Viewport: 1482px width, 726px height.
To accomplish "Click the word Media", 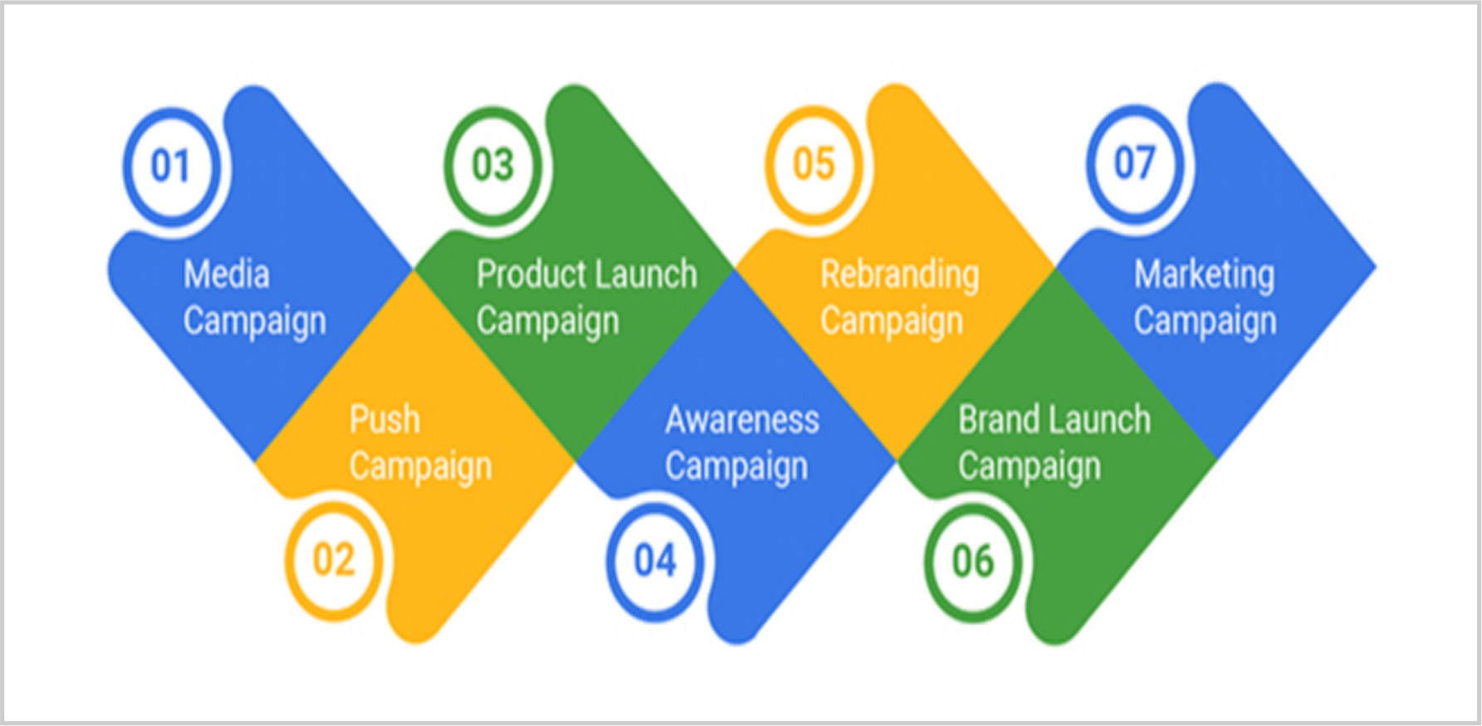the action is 227,275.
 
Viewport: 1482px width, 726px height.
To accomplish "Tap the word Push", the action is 384,420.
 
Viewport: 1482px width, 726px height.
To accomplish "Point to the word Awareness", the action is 742,420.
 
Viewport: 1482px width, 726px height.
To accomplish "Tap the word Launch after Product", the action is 641,274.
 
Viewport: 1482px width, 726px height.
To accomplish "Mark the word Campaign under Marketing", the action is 1206,323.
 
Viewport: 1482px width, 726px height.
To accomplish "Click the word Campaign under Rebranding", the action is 893,323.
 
